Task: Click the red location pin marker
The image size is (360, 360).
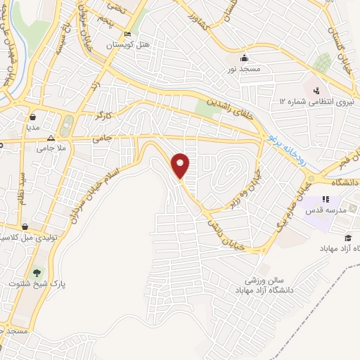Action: point(181,165)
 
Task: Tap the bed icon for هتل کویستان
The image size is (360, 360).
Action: point(127,34)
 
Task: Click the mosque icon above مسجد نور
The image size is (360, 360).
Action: point(245,58)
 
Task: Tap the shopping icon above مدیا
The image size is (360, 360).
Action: point(34,117)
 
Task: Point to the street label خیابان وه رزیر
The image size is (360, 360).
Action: point(243,188)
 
